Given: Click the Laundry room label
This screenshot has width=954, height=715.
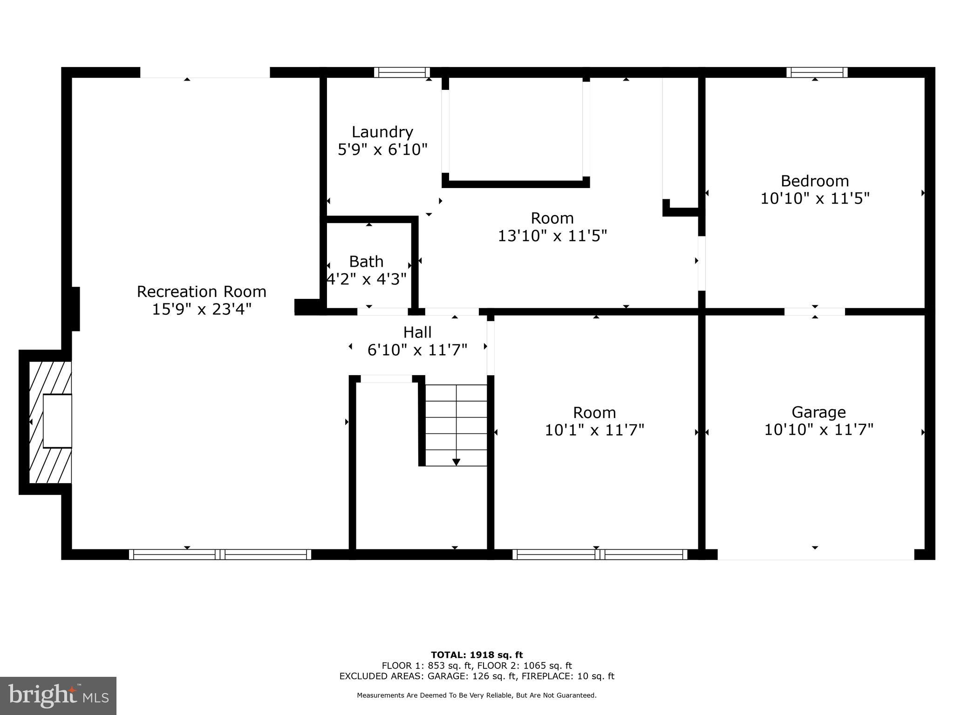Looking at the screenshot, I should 382,132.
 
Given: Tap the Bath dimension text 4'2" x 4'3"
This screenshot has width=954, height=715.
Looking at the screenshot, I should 367,279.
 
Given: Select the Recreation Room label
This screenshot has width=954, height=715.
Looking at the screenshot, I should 201,292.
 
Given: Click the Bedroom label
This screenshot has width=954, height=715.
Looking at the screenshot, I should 815,181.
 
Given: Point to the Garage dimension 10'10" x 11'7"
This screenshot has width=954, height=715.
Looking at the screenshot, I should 818,430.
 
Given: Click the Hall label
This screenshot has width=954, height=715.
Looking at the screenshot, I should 417,332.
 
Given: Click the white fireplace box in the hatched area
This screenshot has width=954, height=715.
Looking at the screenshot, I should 57,421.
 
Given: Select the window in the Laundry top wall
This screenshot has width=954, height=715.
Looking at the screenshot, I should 402,72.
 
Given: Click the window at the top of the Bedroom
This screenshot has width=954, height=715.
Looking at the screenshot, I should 817,72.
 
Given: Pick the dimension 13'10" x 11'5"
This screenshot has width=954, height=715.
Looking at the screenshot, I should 552,236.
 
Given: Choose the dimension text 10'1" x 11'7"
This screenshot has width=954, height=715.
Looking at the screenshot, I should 594,430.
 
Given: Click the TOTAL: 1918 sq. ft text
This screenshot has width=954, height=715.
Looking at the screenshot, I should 477,655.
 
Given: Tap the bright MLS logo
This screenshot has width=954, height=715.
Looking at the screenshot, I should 58,695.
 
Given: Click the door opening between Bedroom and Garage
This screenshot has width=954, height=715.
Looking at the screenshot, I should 814,311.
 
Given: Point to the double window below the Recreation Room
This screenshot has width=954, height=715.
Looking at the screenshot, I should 220,554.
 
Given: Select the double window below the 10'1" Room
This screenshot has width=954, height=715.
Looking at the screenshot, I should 600,554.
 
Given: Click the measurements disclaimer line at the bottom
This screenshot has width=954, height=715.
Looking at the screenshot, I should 477,695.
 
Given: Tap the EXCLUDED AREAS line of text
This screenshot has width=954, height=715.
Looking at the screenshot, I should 477,676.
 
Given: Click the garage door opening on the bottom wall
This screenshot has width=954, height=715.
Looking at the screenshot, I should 815,555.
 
